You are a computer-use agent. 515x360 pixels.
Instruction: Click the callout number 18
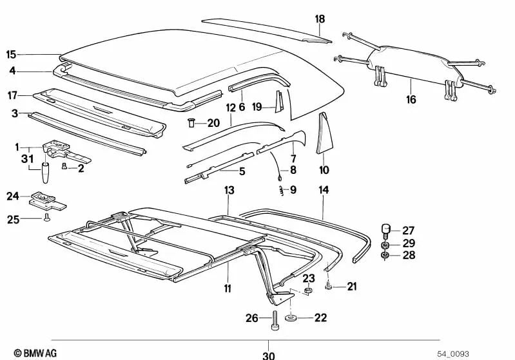click(x=320, y=19)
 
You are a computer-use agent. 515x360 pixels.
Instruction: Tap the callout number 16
click(x=411, y=99)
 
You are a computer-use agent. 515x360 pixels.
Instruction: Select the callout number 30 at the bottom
click(x=268, y=355)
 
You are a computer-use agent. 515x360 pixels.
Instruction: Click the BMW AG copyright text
click(x=35, y=353)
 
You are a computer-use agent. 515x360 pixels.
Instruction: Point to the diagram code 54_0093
click(x=453, y=354)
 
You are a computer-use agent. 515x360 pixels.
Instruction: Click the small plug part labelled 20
click(x=191, y=123)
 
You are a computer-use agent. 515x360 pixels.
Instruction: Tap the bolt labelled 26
click(x=275, y=320)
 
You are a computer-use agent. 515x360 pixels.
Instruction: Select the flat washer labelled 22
click(x=290, y=317)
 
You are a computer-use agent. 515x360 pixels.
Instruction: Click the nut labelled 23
click(x=308, y=290)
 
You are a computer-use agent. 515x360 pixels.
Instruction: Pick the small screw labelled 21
click(x=328, y=287)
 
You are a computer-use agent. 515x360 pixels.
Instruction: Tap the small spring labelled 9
click(x=281, y=190)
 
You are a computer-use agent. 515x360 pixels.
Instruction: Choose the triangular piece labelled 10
click(x=324, y=133)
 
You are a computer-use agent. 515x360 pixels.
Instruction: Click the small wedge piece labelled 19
click(x=278, y=102)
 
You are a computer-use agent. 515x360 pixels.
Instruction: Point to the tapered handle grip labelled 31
click(x=45, y=173)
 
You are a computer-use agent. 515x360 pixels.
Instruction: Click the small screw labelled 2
click(x=64, y=167)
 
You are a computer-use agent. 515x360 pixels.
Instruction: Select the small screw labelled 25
click(x=46, y=217)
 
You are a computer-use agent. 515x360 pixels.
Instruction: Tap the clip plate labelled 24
click(x=48, y=201)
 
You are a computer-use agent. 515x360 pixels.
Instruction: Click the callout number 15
click(x=11, y=55)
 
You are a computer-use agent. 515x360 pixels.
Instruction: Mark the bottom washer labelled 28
click(x=385, y=255)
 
